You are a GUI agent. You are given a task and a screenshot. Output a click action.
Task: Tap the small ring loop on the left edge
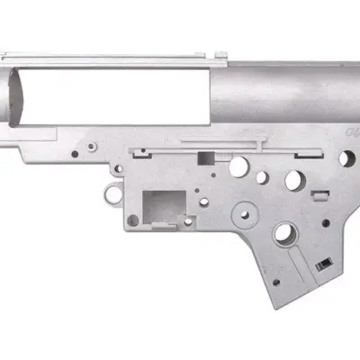(x=111, y=191)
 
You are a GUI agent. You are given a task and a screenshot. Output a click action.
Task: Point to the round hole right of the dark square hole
(x=238, y=166)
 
